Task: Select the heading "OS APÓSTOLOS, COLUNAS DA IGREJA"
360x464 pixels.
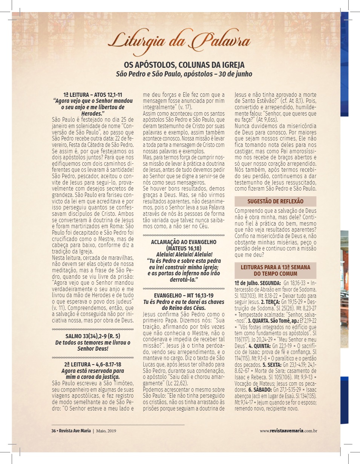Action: (x=184, y=65)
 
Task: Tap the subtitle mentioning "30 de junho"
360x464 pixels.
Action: (x=184, y=74)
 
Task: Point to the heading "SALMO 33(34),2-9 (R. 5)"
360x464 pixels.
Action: (x=93, y=336)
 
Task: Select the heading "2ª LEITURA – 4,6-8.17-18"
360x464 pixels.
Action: (x=93, y=364)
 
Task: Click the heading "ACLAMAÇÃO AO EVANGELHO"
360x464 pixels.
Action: (x=184, y=242)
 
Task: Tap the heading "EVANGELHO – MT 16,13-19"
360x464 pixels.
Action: (x=184, y=296)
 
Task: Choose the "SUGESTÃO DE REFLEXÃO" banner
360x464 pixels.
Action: (x=275, y=201)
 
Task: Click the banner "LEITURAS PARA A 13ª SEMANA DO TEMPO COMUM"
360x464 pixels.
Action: (x=275, y=270)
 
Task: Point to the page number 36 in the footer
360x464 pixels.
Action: (x=54, y=431)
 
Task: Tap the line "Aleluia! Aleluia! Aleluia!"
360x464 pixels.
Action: (x=184, y=255)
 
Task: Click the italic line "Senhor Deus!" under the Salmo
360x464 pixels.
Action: (x=93, y=349)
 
